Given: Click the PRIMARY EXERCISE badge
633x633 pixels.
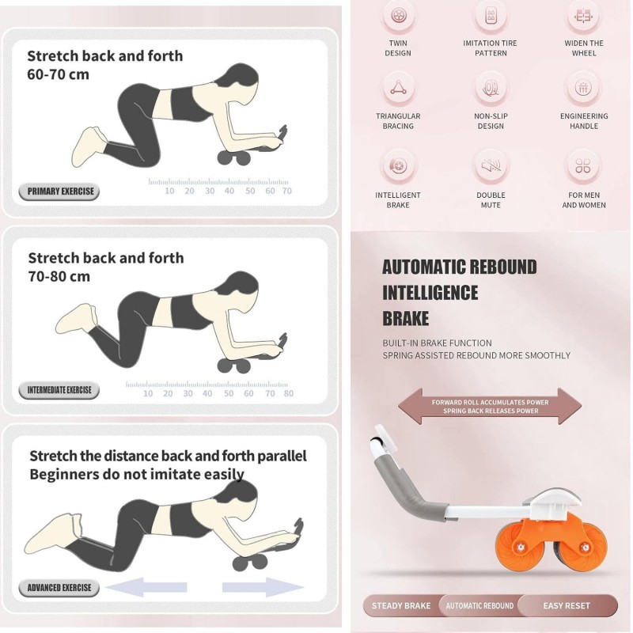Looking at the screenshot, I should pyautogui.click(x=59, y=191).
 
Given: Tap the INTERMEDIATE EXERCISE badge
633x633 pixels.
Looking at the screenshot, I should pyautogui.click(x=59, y=390).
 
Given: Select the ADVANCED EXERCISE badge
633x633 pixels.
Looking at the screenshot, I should pyautogui.click(x=59, y=588).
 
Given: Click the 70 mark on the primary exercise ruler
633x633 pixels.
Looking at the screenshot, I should pyautogui.click(x=286, y=191).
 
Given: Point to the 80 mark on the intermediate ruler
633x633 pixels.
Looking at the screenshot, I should pyautogui.click(x=288, y=393).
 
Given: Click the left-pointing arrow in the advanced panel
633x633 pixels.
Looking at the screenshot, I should pyautogui.click(x=146, y=587).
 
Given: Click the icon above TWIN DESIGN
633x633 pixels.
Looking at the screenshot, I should pyautogui.click(x=398, y=16).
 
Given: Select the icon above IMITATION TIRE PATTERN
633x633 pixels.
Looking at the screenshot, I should pyautogui.click(x=491, y=16).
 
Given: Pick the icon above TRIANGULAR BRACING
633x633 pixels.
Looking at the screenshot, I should pyautogui.click(x=398, y=88).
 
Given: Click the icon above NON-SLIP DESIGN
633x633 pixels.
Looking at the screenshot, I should pyautogui.click(x=491, y=88).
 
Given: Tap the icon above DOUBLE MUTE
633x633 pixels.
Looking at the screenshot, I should pyautogui.click(x=491, y=166).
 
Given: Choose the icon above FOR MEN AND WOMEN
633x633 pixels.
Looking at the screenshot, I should pyautogui.click(x=584, y=166).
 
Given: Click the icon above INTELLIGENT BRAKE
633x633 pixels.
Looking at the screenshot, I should pyautogui.click(x=398, y=166).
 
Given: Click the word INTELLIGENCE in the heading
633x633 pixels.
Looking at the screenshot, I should pyautogui.click(x=430, y=293).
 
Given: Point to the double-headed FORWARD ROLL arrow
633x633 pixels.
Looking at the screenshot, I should pyautogui.click(x=490, y=406).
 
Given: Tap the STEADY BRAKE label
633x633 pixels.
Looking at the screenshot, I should pyautogui.click(x=401, y=606).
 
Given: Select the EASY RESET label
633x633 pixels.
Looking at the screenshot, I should pyautogui.click(x=567, y=606).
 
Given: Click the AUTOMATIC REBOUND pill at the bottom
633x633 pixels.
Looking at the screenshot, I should pyautogui.click(x=479, y=606).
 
